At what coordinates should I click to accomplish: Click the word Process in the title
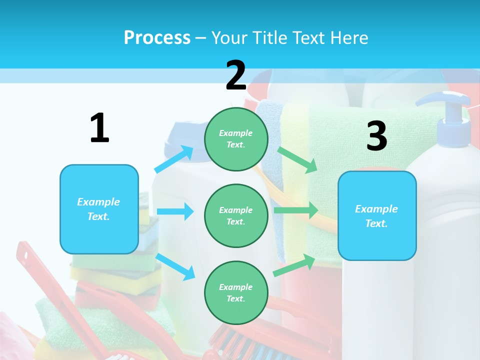[x=157, y=37]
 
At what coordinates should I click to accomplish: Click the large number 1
[x=99, y=128]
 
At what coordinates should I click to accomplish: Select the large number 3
[x=376, y=136]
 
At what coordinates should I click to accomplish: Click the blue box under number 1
[x=99, y=209]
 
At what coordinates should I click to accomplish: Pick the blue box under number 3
[x=377, y=215]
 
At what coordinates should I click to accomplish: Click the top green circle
[x=236, y=138]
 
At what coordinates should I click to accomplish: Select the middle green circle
[x=236, y=215]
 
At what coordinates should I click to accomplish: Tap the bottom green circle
[x=236, y=292]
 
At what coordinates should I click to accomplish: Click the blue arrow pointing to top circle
[x=174, y=159]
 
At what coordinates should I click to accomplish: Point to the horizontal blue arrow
[x=174, y=211]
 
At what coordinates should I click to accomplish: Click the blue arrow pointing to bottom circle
[x=175, y=266]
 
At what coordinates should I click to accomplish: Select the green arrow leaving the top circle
[x=297, y=159]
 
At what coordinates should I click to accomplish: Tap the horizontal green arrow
[x=295, y=210]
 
